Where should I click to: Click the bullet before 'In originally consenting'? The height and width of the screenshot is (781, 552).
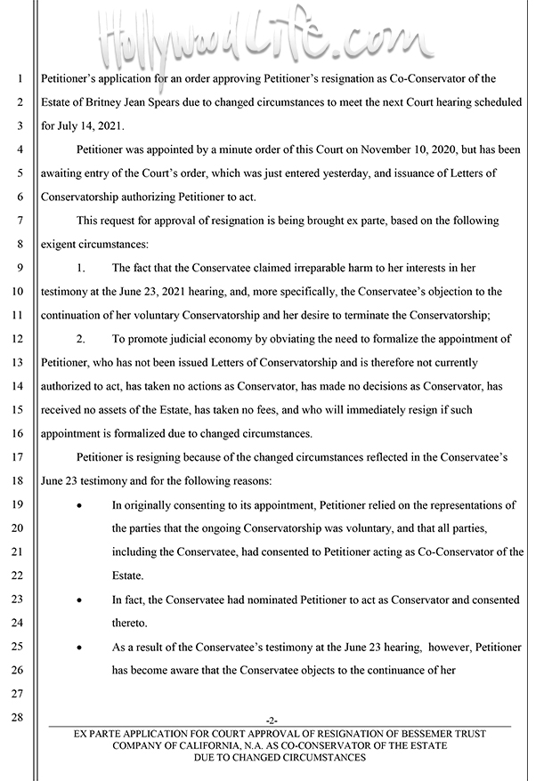tap(81, 505)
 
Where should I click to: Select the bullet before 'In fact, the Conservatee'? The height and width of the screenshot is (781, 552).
tap(81, 600)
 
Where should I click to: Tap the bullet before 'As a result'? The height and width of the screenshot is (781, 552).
tap(81, 648)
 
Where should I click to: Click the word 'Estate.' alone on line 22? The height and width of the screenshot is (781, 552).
tap(129, 576)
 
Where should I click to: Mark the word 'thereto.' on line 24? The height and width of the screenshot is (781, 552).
tap(132, 624)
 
